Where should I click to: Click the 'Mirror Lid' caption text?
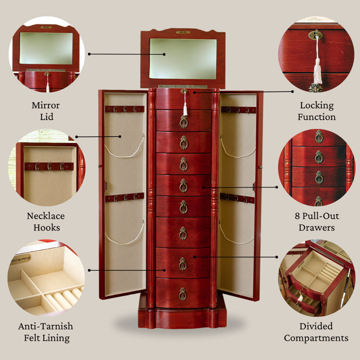tap(45, 111)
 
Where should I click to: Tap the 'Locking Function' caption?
tap(317, 111)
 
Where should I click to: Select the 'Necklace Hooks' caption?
tap(45, 221)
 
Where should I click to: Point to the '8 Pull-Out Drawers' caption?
tap(317, 221)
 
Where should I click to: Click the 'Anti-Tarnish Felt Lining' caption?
tap(45, 332)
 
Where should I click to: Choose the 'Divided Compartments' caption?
tap(316, 332)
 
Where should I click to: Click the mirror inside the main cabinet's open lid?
tap(183, 58)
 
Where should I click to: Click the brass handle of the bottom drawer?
tap(183, 294)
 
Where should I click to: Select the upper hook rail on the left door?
tap(125, 109)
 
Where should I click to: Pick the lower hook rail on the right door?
tap(237, 198)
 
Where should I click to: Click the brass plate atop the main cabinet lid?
tap(183, 32)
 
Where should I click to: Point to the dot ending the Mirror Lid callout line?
tap(90, 54)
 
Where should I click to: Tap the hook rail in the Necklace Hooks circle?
tap(49, 166)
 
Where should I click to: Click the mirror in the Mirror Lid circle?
tap(45, 48)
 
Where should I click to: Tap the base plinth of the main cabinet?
tap(183, 317)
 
